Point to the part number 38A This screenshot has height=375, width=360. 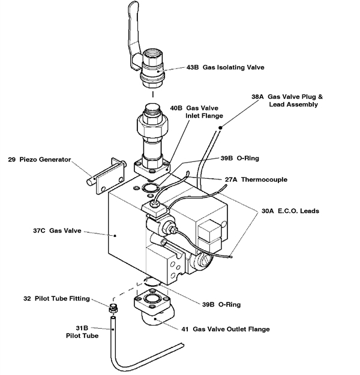point(257,96)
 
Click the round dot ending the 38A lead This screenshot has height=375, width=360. point(221,127)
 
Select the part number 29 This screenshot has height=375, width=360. point(12,160)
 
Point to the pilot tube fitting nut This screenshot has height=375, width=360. point(112,309)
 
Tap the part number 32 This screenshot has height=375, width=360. point(27,298)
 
